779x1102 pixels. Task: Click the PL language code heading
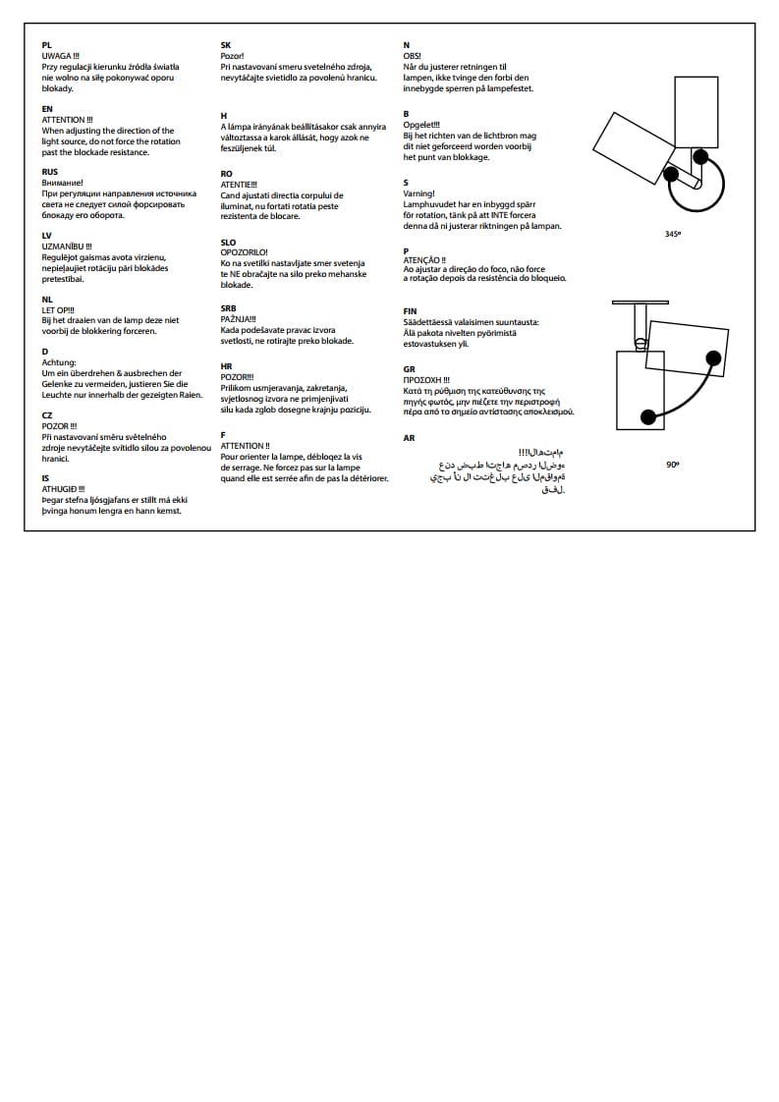(x=46, y=46)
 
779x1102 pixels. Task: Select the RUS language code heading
(x=49, y=172)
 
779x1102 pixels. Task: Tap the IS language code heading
(x=45, y=477)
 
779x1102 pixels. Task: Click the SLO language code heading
(x=228, y=242)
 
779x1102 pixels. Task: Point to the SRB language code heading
(x=228, y=307)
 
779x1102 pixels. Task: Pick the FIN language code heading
(x=410, y=311)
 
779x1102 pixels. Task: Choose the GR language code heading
(x=409, y=369)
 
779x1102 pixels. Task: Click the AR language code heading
(x=409, y=438)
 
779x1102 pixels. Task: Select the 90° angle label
(x=672, y=463)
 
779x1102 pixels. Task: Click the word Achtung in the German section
(x=59, y=362)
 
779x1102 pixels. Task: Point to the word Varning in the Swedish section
(x=418, y=193)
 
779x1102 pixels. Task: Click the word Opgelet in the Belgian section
(x=421, y=125)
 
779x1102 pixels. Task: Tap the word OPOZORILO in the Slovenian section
(x=244, y=252)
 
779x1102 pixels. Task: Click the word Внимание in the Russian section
(x=62, y=183)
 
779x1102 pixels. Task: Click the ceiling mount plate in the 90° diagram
(x=640, y=302)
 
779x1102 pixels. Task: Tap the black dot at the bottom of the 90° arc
(x=648, y=417)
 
